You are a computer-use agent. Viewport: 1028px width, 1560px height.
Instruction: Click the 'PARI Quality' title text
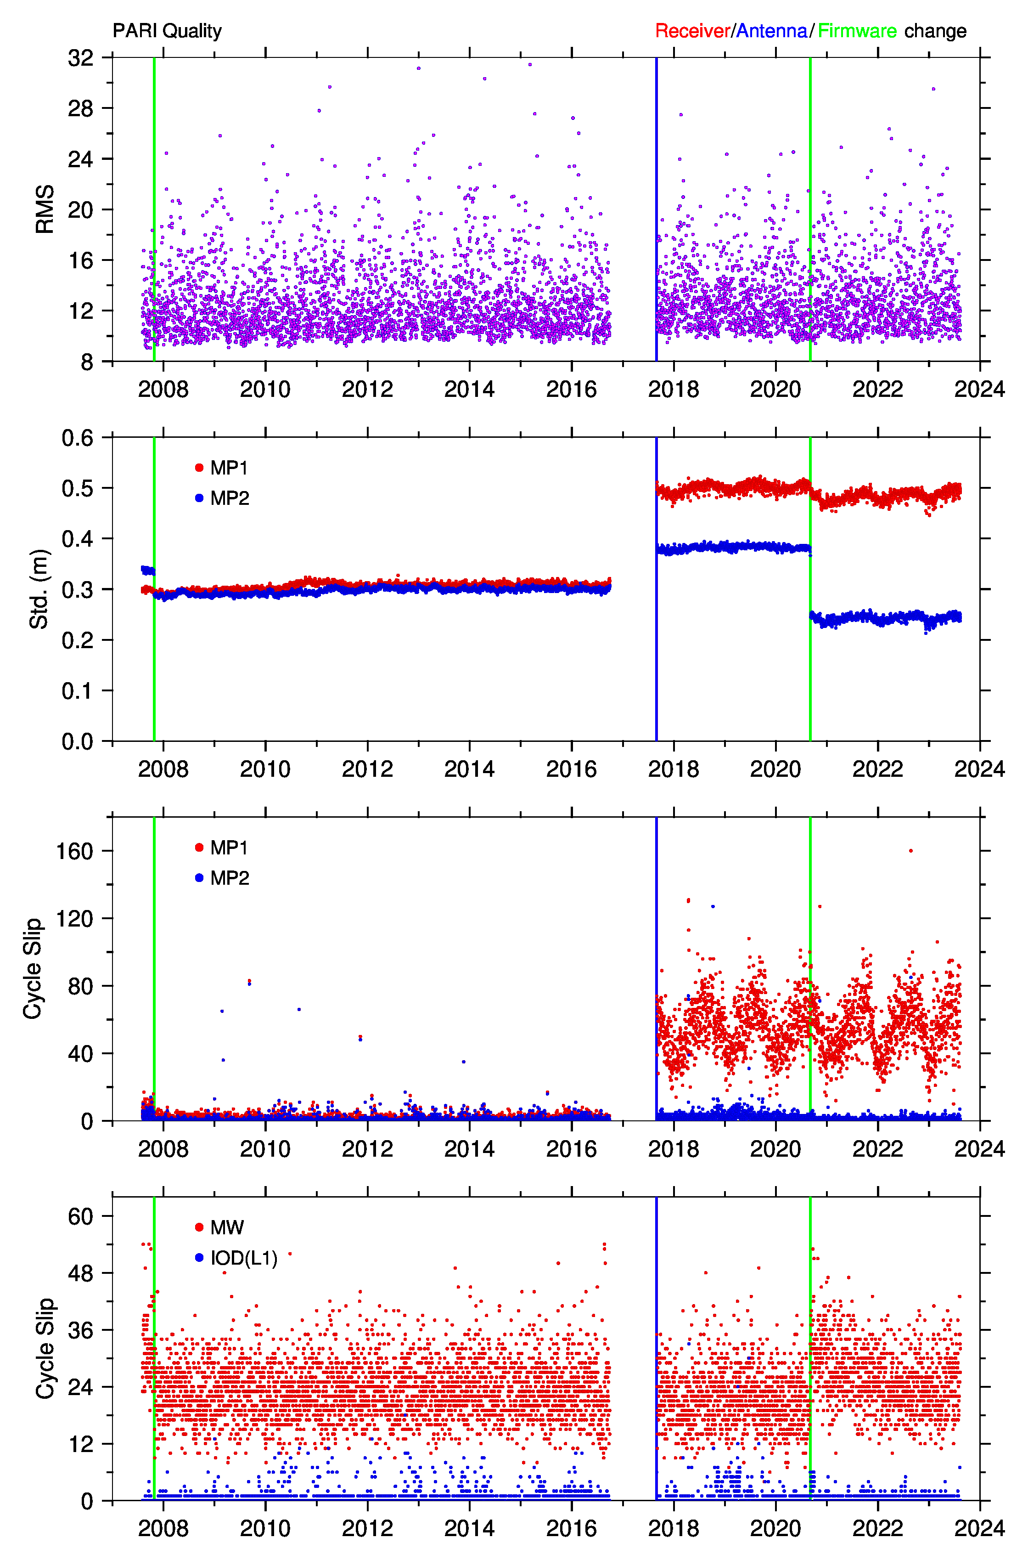click(x=167, y=31)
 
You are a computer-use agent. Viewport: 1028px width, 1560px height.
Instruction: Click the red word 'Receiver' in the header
click(x=692, y=31)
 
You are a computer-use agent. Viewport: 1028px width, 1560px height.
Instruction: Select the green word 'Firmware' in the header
click(x=857, y=31)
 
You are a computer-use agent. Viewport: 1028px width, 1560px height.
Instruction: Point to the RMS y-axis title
click(x=45, y=209)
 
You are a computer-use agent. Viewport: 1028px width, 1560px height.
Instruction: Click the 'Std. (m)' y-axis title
click(x=39, y=589)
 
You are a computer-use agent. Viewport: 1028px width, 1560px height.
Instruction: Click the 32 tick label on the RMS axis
click(x=81, y=58)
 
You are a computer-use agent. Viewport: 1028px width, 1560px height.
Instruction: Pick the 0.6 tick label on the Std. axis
click(x=77, y=437)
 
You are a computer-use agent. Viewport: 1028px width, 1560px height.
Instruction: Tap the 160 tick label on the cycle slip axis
click(x=75, y=851)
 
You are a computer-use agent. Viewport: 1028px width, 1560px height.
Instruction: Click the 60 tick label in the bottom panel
click(x=81, y=1216)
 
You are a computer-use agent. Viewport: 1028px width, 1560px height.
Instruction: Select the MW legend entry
click(x=219, y=1227)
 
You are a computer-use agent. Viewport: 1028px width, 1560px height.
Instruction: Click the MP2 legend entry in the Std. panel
click(x=222, y=498)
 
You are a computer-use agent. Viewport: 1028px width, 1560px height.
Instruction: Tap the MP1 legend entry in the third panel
click(x=222, y=848)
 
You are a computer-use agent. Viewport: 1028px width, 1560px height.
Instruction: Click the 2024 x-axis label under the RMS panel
click(x=979, y=389)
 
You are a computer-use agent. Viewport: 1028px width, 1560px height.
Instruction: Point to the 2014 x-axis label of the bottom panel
click(x=469, y=1528)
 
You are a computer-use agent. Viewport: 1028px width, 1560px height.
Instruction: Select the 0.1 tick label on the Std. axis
click(x=77, y=690)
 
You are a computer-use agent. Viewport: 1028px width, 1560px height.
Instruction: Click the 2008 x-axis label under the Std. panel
click(x=163, y=769)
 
